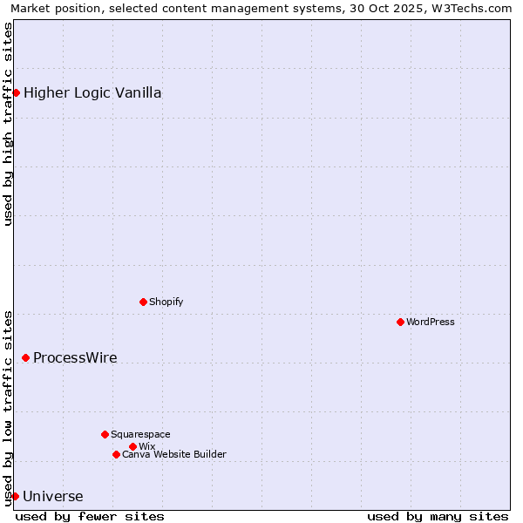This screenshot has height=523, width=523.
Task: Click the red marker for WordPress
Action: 400,322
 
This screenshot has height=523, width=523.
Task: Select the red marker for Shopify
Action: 143,302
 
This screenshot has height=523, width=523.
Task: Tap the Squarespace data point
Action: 105,434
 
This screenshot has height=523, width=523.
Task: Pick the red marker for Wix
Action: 132,446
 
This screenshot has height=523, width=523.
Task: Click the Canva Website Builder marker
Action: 116,454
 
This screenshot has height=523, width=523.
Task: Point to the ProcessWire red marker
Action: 25,357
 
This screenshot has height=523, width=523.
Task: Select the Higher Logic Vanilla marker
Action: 16,92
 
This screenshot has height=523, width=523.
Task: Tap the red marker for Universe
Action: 15,496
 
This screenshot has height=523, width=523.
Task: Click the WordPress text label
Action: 431,322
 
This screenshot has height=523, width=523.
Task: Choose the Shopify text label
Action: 166,302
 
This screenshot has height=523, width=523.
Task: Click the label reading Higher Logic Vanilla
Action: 92,93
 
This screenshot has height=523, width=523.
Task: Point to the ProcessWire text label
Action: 75,358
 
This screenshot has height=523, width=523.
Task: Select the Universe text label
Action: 53,497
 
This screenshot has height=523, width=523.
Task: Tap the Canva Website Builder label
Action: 174,454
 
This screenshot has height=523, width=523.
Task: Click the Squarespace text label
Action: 141,434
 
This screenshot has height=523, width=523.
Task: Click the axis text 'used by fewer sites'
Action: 90,516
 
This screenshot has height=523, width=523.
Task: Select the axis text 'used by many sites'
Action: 438,516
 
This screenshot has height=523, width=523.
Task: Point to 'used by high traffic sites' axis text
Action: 8,124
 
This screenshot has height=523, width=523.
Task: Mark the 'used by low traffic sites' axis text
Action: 8,407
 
